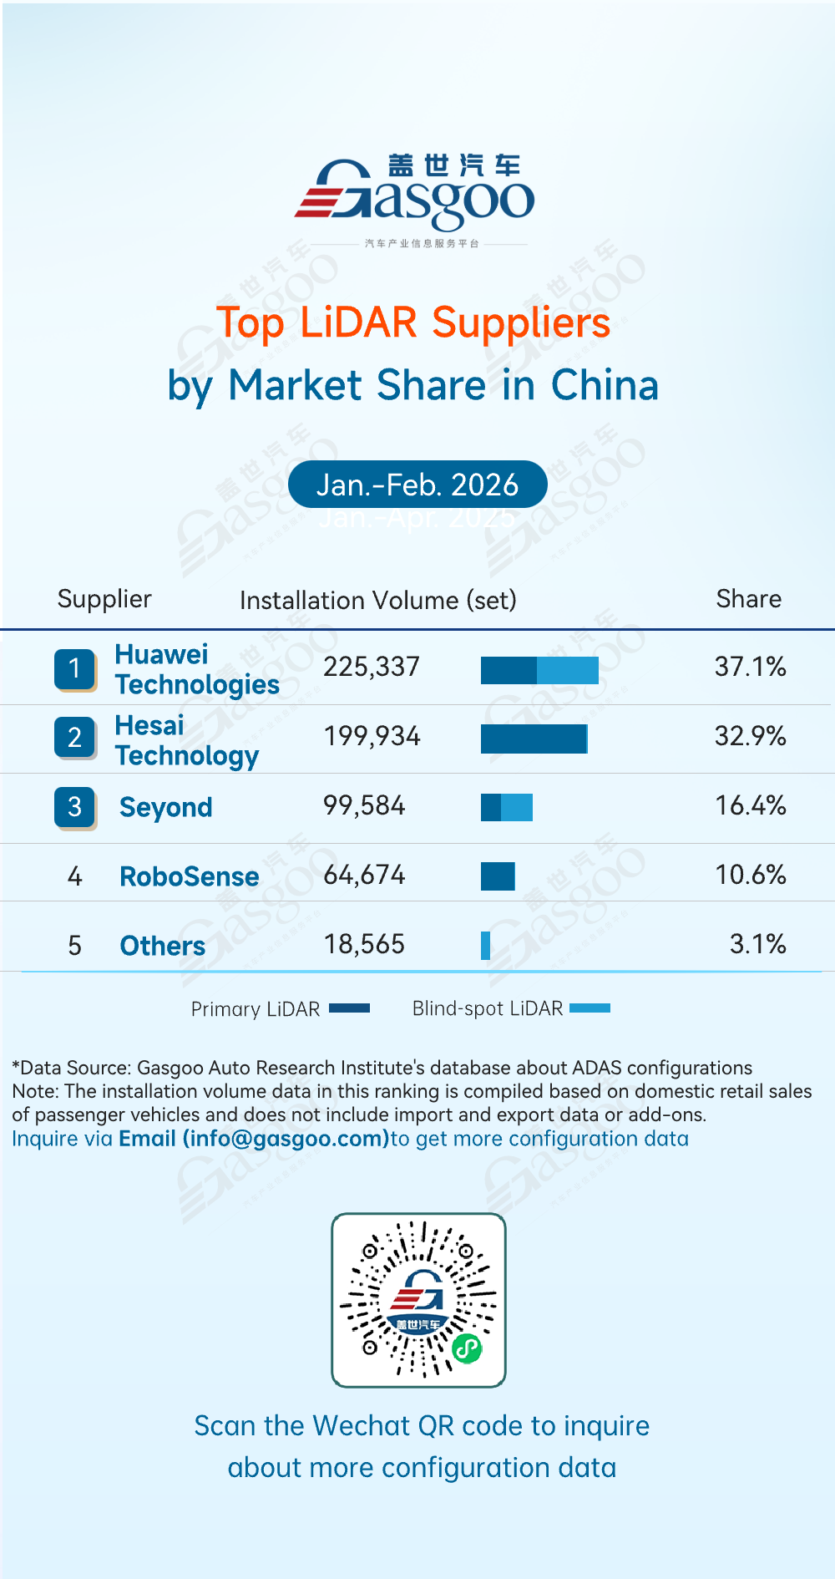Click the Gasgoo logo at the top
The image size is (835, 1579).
[415, 196]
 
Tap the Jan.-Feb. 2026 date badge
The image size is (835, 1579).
[417, 485]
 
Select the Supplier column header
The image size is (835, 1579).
[104, 599]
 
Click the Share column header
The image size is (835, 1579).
[748, 599]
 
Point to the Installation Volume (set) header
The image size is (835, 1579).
[377, 601]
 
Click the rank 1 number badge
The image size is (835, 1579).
[75, 669]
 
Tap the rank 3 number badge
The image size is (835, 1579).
[75, 807]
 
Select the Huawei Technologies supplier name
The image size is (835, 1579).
[196, 669]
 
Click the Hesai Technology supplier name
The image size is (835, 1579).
[187, 740]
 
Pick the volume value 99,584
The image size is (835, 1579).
[364, 805]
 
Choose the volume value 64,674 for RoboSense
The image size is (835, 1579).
[364, 875]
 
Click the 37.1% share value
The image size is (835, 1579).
[750, 667]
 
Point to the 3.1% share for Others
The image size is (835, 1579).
[757, 944]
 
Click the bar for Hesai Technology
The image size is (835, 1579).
[534, 739]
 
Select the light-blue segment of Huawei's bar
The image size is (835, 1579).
[568, 670]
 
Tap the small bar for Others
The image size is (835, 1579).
[485, 946]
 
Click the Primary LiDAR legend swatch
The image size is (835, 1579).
[349, 1008]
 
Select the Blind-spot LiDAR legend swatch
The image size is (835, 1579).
[590, 1008]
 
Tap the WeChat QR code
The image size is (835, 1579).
[418, 1300]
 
